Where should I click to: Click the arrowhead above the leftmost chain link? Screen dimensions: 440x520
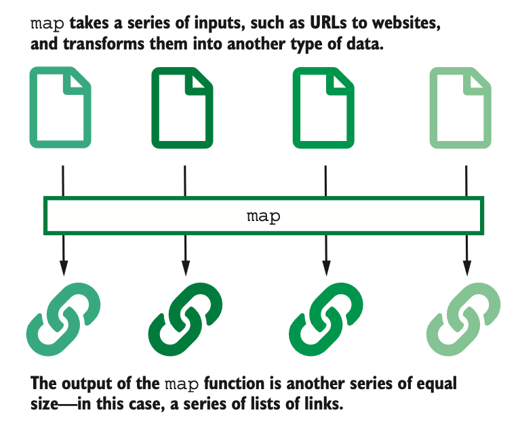tap(63, 268)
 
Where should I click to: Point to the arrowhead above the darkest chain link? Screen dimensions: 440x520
tap(185, 268)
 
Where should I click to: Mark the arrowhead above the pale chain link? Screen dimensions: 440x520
tap(466, 268)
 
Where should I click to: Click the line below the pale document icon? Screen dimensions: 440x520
tap(466, 180)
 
